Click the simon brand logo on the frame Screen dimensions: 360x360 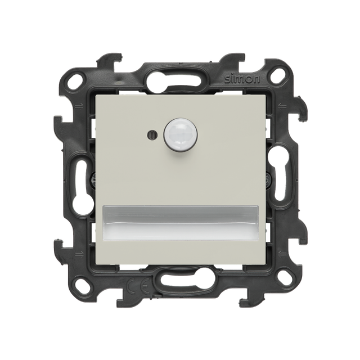(x=242, y=79)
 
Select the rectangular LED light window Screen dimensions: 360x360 (x=180, y=223)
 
